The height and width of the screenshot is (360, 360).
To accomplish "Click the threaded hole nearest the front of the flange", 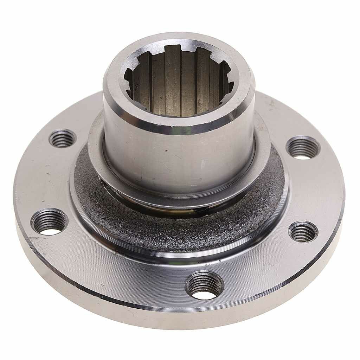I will pos(205,285).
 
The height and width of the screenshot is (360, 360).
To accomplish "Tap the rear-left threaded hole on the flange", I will pos(63,138).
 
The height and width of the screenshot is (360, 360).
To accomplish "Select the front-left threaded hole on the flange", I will pos(49,221).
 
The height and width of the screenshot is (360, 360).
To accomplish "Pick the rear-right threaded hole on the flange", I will pos(303,147).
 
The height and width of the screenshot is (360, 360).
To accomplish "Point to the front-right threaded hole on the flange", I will pos(303,231).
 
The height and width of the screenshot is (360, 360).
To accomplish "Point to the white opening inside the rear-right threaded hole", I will pos(303,156).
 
